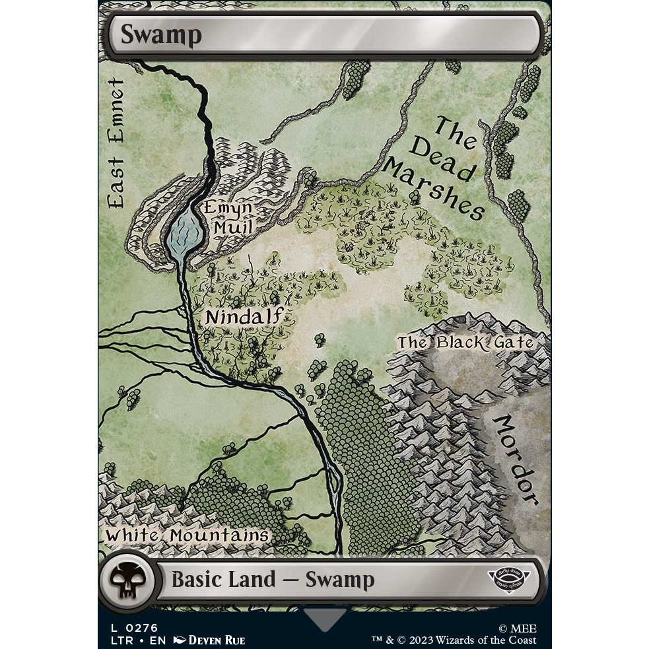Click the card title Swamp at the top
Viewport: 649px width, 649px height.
point(160,35)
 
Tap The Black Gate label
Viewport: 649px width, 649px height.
point(465,342)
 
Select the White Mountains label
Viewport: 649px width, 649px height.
point(187,535)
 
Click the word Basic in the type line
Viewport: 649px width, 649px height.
point(195,580)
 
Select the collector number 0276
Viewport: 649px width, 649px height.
point(144,628)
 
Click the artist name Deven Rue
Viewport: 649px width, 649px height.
point(217,640)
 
